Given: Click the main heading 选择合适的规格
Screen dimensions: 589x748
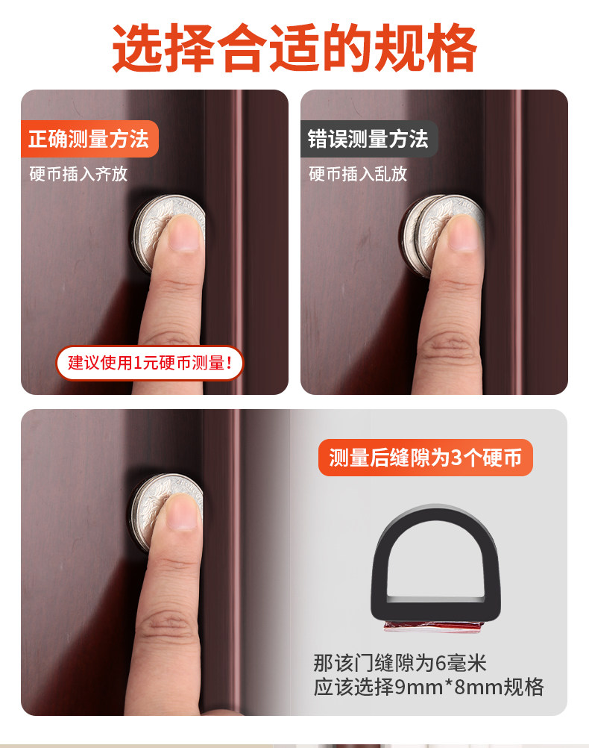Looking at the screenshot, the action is (x=294, y=49).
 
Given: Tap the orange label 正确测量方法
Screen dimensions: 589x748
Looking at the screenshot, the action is (x=89, y=139).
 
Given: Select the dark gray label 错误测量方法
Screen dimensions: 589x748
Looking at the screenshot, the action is (x=369, y=139).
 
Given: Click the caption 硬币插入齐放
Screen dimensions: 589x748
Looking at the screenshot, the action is (x=78, y=174).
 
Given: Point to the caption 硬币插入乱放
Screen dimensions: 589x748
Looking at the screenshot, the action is (x=359, y=174).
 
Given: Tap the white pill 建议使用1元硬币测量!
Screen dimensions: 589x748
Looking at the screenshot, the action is (x=150, y=363).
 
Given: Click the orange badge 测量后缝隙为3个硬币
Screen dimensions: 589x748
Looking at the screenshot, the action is (x=426, y=458).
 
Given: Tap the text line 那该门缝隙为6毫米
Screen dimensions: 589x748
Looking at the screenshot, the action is (x=400, y=664).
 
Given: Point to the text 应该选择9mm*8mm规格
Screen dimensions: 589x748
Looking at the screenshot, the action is (x=429, y=688).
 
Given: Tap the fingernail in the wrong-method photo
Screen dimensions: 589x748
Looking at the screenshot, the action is (x=462, y=234).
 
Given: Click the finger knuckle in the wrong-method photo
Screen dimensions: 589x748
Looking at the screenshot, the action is (x=449, y=345).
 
